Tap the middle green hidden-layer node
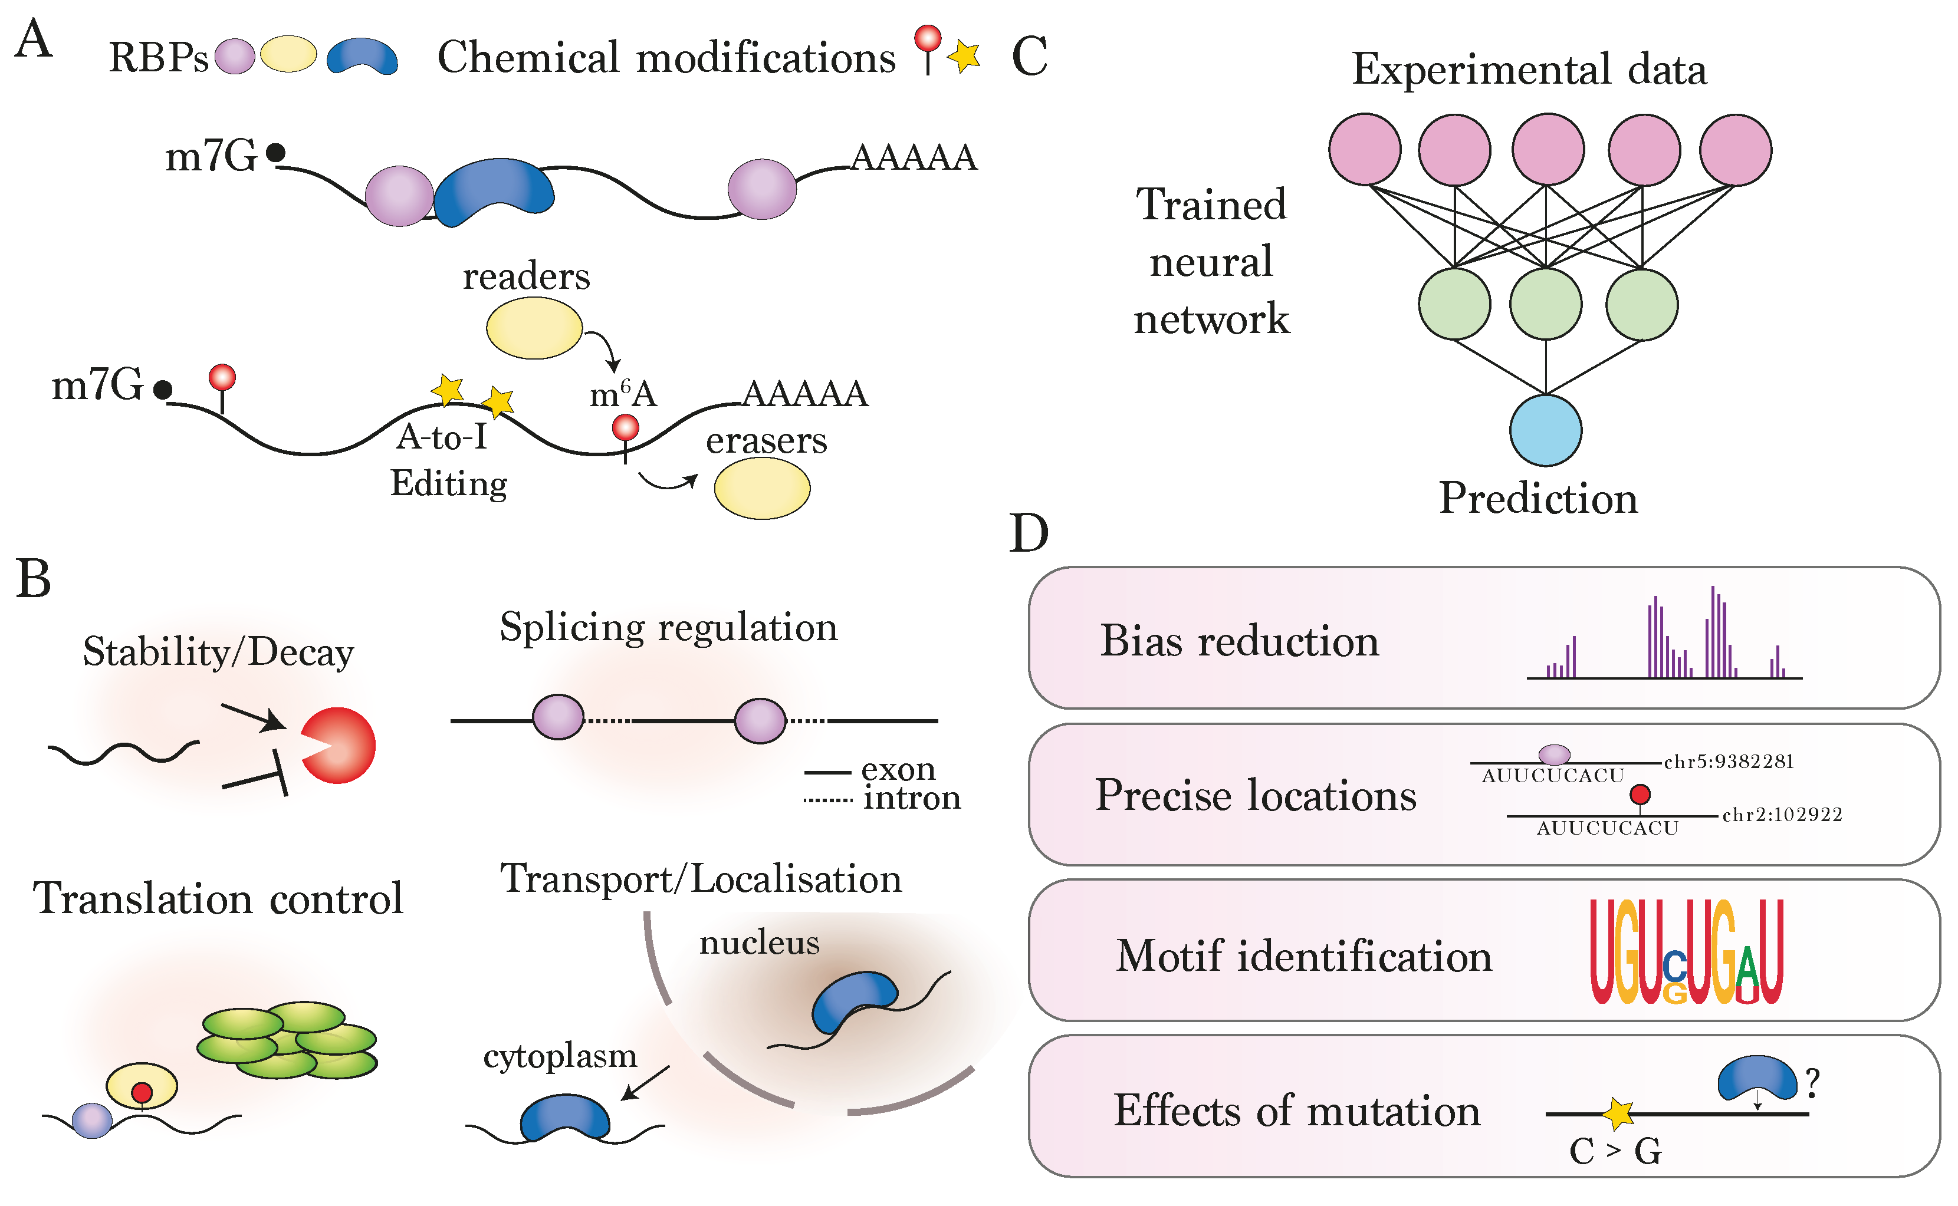(x=1546, y=304)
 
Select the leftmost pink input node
(x=1364, y=149)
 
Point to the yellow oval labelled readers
(x=534, y=328)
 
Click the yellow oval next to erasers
(x=761, y=488)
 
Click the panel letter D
(x=1029, y=533)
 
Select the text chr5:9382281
(x=1728, y=762)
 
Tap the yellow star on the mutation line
(x=1618, y=1113)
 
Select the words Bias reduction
(x=1239, y=641)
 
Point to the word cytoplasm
(x=560, y=1056)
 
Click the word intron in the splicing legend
(x=911, y=798)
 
